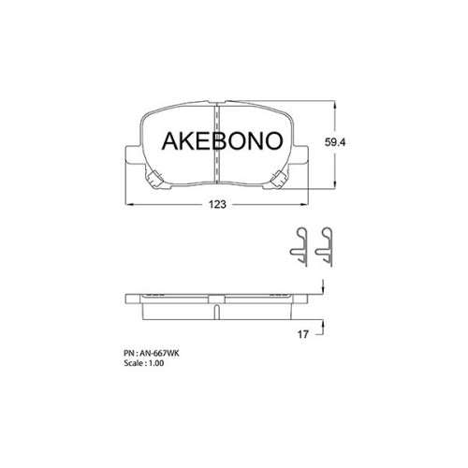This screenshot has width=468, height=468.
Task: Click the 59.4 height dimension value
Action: tap(335, 142)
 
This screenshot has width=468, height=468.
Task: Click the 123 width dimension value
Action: tap(217, 204)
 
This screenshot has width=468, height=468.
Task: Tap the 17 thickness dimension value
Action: tap(302, 334)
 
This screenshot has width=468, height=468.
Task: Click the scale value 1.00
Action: tap(156, 363)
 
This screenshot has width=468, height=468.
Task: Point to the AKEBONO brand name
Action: tap(222, 140)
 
